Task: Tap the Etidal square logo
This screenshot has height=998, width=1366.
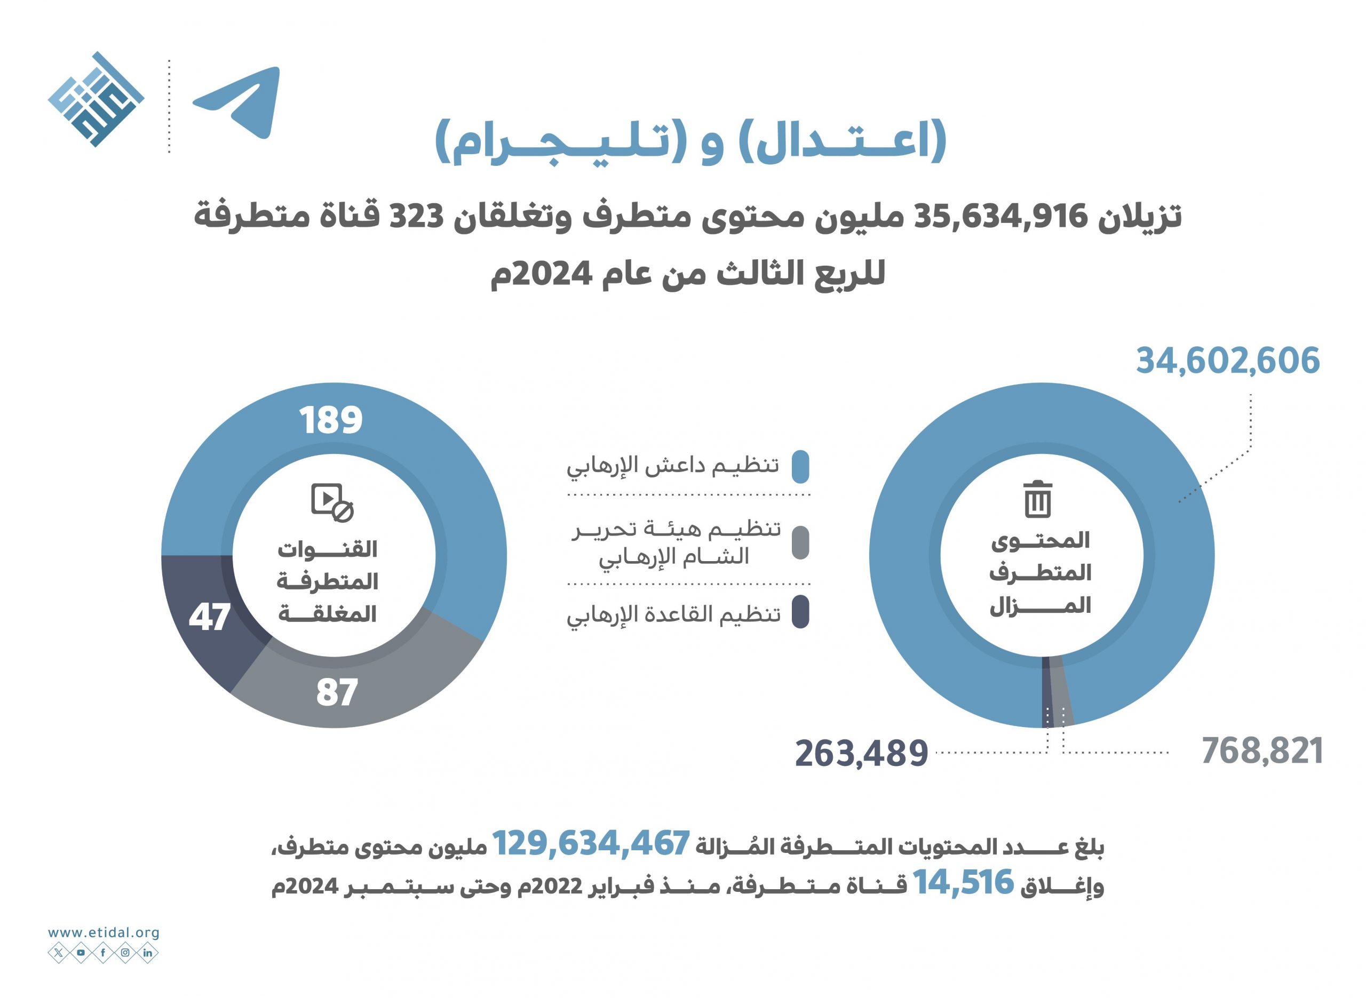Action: (x=96, y=100)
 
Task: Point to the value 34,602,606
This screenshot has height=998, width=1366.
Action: (x=1228, y=361)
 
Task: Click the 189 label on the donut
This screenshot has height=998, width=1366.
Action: (x=331, y=420)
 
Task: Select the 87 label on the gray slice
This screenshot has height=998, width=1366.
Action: (x=337, y=693)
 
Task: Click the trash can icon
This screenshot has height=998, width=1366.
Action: (x=1038, y=499)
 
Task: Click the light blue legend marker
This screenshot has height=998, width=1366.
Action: (x=800, y=466)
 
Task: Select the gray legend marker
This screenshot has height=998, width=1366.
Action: (x=800, y=542)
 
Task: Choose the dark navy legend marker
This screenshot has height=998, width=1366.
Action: (x=800, y=612)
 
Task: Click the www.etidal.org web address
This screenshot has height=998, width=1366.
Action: (x=104, y=933)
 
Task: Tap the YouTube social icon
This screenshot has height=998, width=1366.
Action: (x=81, y=953)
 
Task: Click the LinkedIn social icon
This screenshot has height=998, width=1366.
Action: (x=148, y=953)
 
